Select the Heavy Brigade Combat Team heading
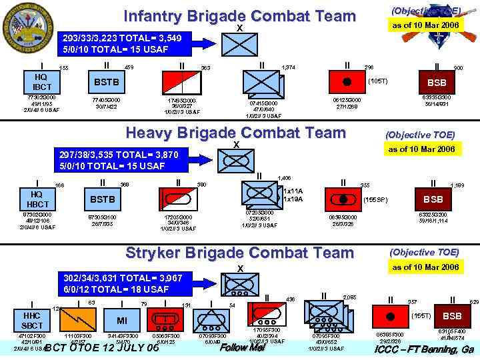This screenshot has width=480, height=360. tap(236, 133)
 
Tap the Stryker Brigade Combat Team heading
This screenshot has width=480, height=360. tap(240, 253)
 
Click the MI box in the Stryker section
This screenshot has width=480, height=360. tap(122, 320)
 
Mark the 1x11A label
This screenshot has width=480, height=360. tap(293, 191)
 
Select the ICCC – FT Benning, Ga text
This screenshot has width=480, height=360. tap(424, 349)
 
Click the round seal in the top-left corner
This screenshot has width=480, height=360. tap(24, 26)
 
